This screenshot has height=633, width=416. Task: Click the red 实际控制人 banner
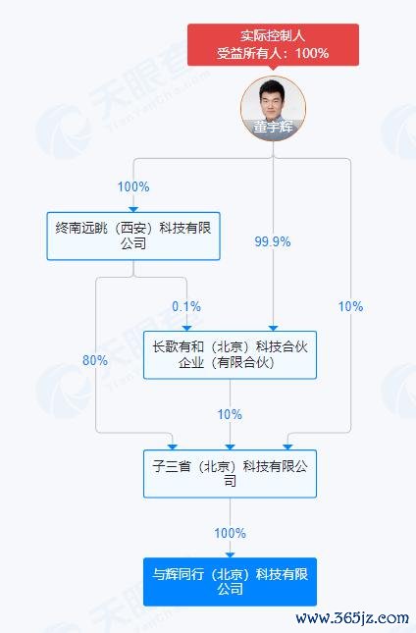(x=273, y=44)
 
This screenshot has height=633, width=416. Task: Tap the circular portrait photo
(x=273, y=109)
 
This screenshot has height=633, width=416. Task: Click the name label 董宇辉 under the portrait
(x=273, y=127)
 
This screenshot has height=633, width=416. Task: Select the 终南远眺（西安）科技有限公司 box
(x=133, y=236)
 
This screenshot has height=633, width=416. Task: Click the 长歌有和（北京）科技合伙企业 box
(x=230, y=355)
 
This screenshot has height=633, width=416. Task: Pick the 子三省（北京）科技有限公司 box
(x=230, y=474)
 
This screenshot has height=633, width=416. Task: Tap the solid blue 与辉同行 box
(x=230, y=582)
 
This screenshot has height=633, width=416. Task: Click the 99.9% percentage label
(x=273, y=241)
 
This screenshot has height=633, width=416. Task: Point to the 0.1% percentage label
(x=186, y=306)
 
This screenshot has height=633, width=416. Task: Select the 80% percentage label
(x=95, y=360)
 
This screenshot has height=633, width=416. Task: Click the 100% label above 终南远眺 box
(x=133, y=186)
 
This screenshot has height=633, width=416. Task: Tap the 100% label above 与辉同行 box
(x=230, y=533)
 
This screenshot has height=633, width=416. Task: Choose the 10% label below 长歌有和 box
(x=230, y=414)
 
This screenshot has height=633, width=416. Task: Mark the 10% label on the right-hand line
(x=350, y=306)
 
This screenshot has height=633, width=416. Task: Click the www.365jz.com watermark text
(x=352, y=618)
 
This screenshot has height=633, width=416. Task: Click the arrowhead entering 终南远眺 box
(x=133, y=209)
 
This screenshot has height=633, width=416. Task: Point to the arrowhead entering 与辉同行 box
(x=230, y=555)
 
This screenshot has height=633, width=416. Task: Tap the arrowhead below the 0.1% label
(x=186, y=328)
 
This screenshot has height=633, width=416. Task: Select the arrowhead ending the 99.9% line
(x=273, y=328)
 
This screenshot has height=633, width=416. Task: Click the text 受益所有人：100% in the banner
(x=273, y=53)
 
